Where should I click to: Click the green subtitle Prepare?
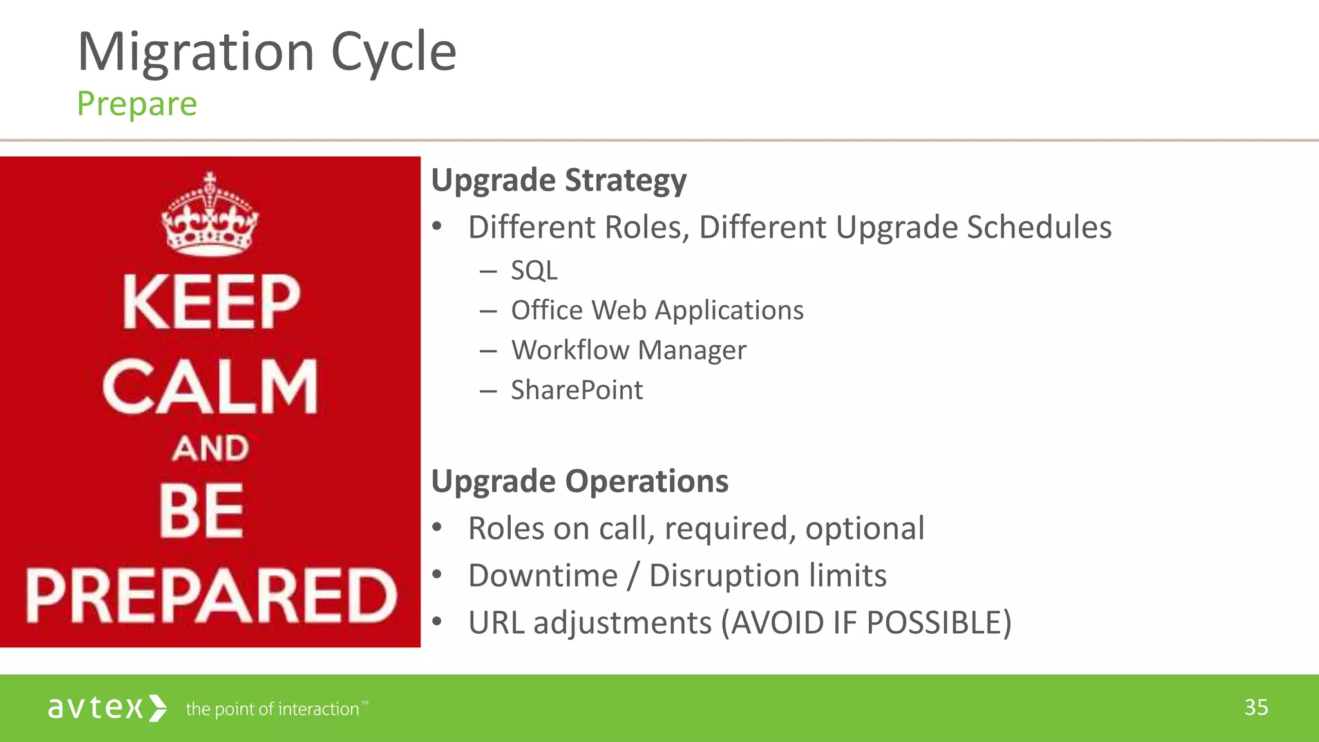coord(137,104)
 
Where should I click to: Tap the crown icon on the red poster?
coord(209,216)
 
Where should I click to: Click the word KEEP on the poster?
coord(211,302)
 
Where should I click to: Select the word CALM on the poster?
coord(210,386)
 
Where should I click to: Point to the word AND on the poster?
coord(210,448)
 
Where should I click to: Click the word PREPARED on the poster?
coord(211,596)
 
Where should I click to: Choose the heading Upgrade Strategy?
coord(558,180)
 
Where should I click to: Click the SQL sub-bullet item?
coord(534,271)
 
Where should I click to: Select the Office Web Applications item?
coord(657,310)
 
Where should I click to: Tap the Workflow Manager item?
coord(629,350)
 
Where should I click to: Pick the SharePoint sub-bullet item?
coord(576,390)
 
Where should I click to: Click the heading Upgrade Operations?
coord(580,481)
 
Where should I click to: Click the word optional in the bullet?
coord(864,529)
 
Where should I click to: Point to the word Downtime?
coord(542,576)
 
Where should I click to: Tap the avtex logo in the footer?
coord(107,708)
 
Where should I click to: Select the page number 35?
coord(1256,707)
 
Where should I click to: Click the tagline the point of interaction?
coord(272,709)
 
